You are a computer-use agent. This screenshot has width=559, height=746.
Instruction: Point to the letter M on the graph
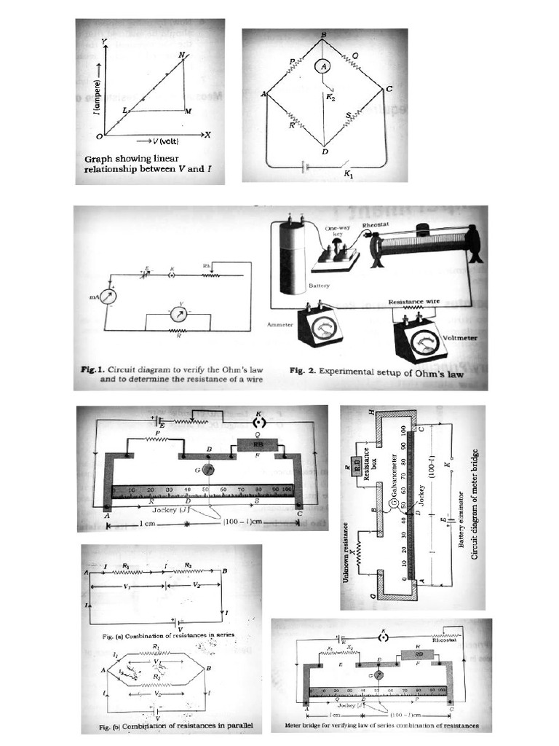tap(189, 111)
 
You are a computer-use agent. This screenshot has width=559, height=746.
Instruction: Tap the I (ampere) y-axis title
tap(96, 96)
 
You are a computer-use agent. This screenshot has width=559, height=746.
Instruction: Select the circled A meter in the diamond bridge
tap(325, 66)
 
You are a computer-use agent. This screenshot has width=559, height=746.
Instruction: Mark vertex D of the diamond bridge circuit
tap(325, 151)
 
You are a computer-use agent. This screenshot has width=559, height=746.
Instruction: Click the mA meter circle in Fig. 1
tap(108, 297)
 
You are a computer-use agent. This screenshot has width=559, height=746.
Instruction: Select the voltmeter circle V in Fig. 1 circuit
tap(178, 314)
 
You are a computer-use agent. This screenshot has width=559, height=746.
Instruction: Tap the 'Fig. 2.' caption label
tap(302, 370)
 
